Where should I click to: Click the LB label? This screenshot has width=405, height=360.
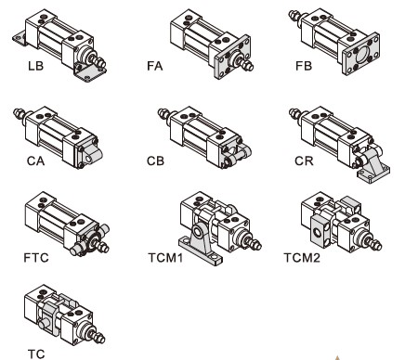35,66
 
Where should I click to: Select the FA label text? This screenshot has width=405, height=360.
154,66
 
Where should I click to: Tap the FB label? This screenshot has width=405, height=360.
304,66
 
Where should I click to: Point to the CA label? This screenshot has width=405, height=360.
35,161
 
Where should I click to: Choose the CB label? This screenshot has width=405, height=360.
155,161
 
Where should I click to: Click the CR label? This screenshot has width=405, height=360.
304,161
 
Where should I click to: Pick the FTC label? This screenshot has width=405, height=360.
36,258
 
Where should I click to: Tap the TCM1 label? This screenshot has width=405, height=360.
165,258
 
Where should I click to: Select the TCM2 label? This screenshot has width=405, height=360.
302,258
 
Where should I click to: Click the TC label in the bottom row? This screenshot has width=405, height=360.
36,354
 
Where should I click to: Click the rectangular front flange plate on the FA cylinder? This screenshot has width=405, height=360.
232,58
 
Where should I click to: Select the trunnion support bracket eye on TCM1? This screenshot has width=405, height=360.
197,231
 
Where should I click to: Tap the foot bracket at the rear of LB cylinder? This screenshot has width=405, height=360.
20,38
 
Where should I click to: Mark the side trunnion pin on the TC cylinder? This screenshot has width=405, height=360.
43,325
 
